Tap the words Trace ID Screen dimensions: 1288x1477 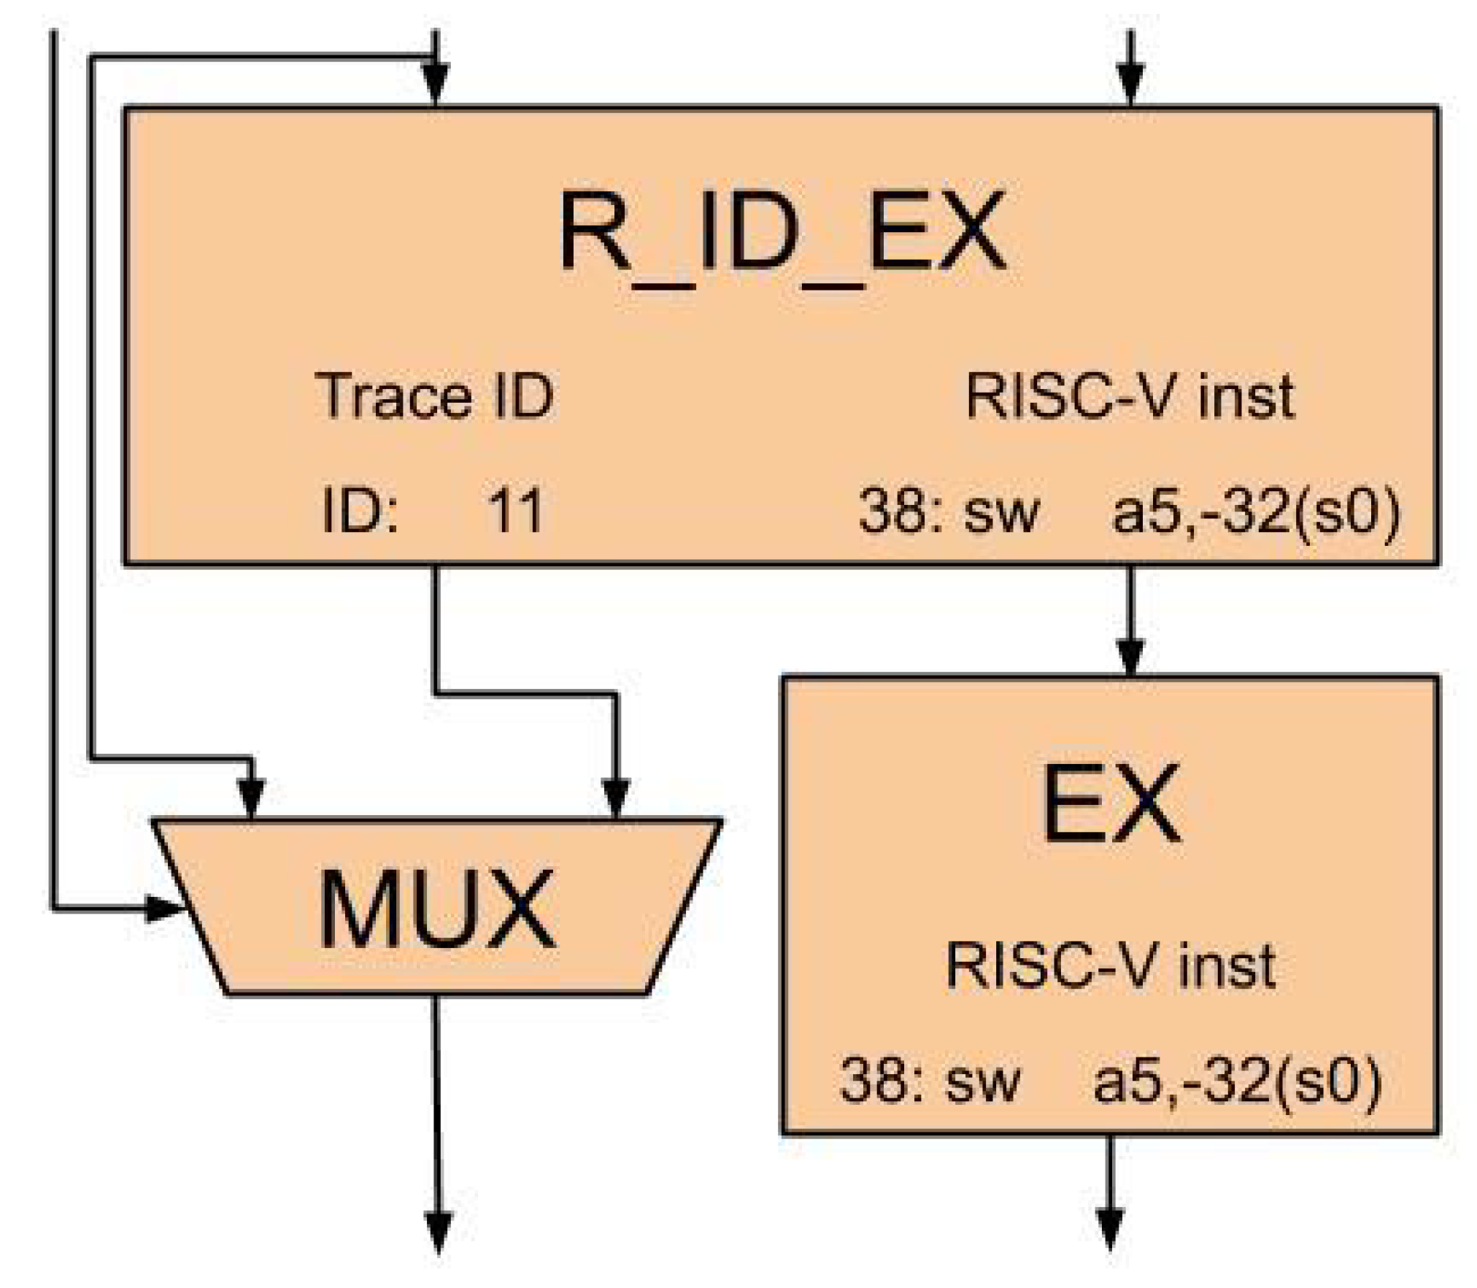click(x=435, y=396)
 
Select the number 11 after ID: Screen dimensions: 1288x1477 click(x=515, y=510)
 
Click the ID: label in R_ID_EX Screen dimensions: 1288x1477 click(x=360, y=510)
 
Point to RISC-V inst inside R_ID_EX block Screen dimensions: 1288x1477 click(x=1130, y=396)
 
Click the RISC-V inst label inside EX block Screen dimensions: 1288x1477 click(x=1110, y=965)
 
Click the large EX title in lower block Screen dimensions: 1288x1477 click(x=1110, y=804)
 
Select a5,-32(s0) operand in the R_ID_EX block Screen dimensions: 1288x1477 click(x=1255, y=512)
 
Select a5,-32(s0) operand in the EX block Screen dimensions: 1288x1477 click(x=1236, y=1081)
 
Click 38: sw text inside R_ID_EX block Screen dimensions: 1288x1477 click(x=947, y=512)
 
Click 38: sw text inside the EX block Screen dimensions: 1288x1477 click(x=928, y=1081)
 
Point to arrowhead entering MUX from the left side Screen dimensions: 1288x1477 click(x=165, y=909)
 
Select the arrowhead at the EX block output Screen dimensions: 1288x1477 click(x=1110, y=1229)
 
